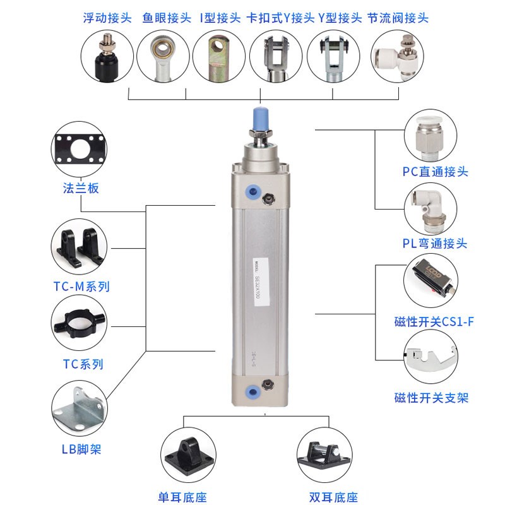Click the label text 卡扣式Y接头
click(276, 18)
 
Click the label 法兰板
click(81, 188)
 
